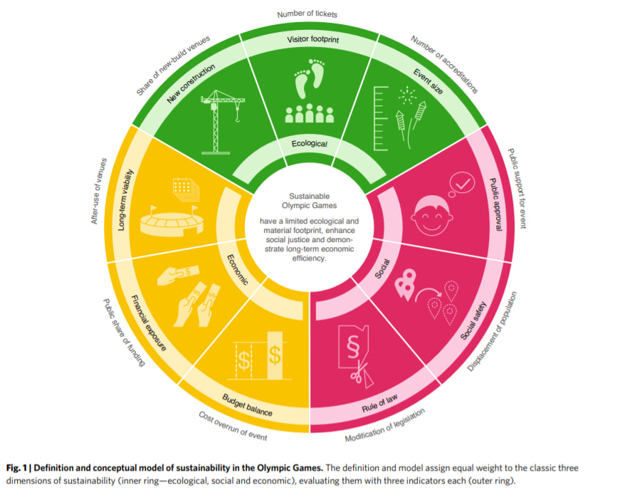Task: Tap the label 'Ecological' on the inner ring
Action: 310,144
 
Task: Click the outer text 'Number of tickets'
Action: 308,14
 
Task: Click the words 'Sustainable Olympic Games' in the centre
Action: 309,201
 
